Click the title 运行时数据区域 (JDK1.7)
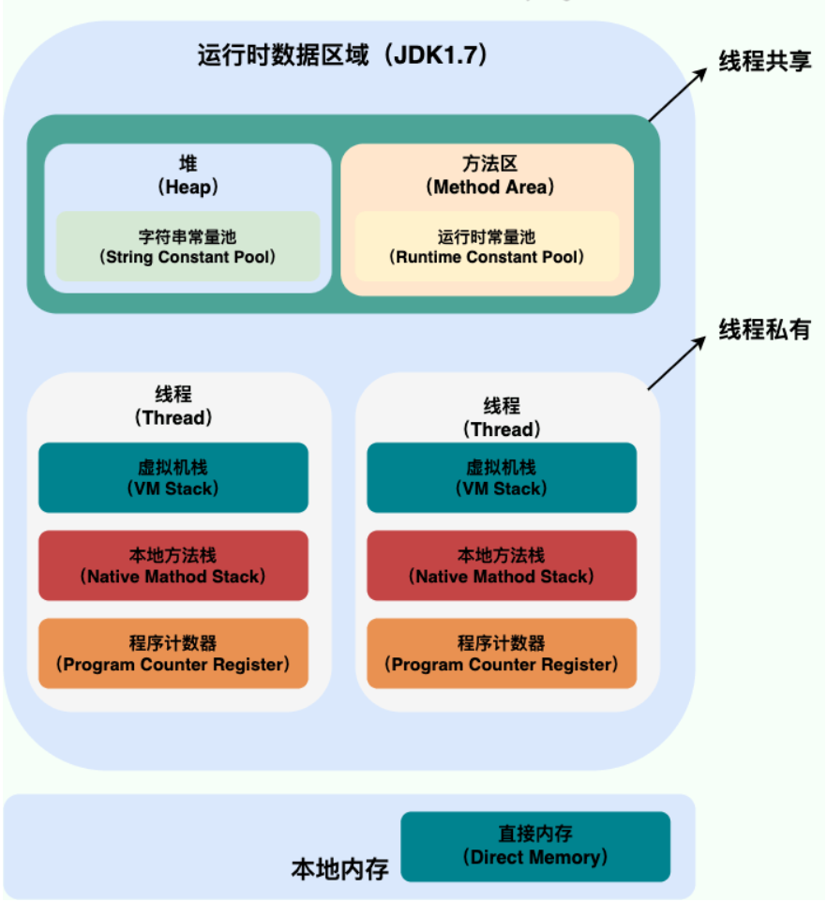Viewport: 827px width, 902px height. [x=343, y=55]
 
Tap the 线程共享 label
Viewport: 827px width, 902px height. [x=765, y=61]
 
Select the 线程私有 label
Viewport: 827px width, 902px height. [x=765, y=330]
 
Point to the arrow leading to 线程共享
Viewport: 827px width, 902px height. [x=678, y=95]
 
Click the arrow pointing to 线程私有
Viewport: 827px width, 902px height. [x=676, y=363]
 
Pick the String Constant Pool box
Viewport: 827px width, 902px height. [x=188, y=247]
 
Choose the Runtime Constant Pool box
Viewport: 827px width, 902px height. [x=488, y=247]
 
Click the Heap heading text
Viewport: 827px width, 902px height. [x=188, y=175]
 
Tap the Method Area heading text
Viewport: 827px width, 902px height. [x=489, y=175]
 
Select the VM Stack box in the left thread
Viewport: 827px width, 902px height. [x=173, y=477]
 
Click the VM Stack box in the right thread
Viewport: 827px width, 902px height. [x=502, y=477]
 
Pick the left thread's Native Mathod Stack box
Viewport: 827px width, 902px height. [x=173, y=565]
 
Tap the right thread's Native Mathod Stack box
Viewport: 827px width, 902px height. [x=502, y=565]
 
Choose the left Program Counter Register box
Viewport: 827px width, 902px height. [x=173, y=654]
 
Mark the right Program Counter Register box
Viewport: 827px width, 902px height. [x=502, y=654]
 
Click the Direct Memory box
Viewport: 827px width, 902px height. [x=535, y=847]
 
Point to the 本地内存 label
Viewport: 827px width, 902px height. [x=339, y=869]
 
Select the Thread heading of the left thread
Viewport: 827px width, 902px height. [x=173, y=406]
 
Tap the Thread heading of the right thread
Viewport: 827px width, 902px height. [x=502, y=417]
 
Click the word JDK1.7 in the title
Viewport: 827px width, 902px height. [x=436, y=55]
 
